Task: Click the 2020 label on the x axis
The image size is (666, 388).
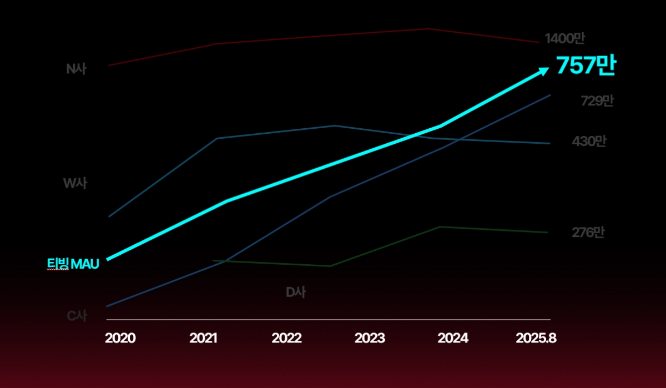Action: tap(120, 338)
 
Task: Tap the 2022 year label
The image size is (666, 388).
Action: tap(286, 338)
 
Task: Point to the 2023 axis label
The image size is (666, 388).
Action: tap(370, 338)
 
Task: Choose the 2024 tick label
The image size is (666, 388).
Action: tap(453, 338)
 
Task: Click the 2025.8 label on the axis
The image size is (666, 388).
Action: tap(536, 338)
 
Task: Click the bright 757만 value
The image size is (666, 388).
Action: tap(586, 65)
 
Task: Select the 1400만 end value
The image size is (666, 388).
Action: tap(564, 39)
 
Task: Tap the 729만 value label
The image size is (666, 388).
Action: tap(597, 101)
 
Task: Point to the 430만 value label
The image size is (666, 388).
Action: tap(589, 142)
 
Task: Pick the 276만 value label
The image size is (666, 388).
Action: tap(588, 233)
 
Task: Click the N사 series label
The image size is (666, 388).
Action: tap(77, 69)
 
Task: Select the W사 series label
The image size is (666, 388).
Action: tap(75, 183)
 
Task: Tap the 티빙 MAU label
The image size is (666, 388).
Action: tap(73, 264)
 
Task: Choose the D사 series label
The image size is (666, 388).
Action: tap(295, 293)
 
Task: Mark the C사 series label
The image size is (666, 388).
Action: tap(77, 316)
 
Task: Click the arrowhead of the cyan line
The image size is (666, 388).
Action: tap(544, 69)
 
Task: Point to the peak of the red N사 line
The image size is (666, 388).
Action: tap(427, 28)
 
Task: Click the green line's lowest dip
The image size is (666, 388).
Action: tap(330, 266)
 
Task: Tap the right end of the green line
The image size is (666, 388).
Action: tap(548, 233)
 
